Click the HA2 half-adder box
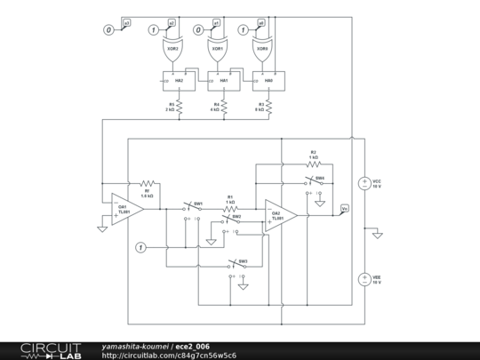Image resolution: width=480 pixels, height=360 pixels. (178, 81)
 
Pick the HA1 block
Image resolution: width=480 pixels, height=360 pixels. (223, 81)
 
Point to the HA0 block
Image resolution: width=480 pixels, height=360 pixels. (268, 81)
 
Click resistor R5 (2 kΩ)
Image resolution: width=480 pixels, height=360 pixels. (179, 108)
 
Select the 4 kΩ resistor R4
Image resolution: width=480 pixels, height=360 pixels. (224, 108)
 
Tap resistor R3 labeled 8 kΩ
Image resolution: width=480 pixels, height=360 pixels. (269, 108)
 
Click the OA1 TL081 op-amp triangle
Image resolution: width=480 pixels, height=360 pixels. (126, 210)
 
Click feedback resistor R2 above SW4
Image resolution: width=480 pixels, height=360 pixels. (313, 164)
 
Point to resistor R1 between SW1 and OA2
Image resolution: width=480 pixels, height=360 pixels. (230, 210)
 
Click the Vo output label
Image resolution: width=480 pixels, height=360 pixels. (345, 208)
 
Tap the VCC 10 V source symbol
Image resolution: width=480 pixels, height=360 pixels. (364, 184)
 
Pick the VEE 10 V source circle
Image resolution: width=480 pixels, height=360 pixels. (364, 279)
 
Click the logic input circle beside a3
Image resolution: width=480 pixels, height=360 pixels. (108, 30)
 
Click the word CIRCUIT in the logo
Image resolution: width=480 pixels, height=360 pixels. (52, 346)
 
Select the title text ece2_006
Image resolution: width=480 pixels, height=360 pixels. (192, 346)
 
